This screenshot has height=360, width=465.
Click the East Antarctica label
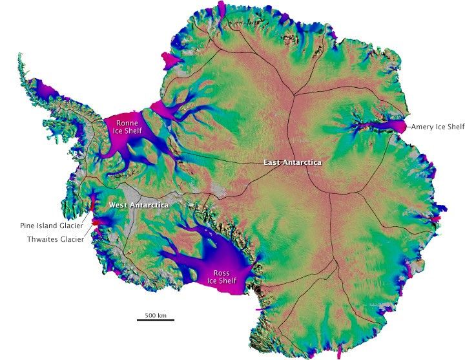click(x=292, y=162)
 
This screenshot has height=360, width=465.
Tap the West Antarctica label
click(x=139, y=205)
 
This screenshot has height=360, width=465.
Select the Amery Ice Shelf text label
click(x=437, y=127)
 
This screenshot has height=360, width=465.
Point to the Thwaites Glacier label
click(x=54, y=238)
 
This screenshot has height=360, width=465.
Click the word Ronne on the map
click(x=127, y=123)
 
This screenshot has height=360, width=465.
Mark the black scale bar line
click(x=155, y=320)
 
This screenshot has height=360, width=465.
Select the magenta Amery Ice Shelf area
click(x=395, y=125)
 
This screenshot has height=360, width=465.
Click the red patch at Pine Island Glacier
click(x=96, y=222)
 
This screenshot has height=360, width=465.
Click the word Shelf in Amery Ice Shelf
click(x=455, y=127)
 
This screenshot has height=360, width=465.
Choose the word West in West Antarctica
click(x=118, y=205)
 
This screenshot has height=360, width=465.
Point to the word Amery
click(x=422, y=127)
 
